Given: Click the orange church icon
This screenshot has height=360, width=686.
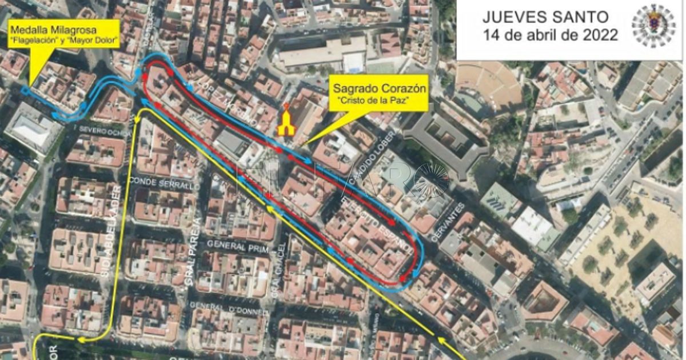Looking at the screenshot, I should click(286, 121).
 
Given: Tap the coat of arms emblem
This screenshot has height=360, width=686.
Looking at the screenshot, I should click(653, 26).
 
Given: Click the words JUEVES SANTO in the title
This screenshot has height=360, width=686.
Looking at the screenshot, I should click(545, 17).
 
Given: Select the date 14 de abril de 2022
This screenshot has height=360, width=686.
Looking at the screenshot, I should click(550, 35).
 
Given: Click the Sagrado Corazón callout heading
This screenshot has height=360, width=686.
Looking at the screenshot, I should click(372, 89).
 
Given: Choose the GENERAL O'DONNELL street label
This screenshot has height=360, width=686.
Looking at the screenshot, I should click(228, 305).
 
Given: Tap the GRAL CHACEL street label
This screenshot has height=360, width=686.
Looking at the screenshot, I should click(278, 269).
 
